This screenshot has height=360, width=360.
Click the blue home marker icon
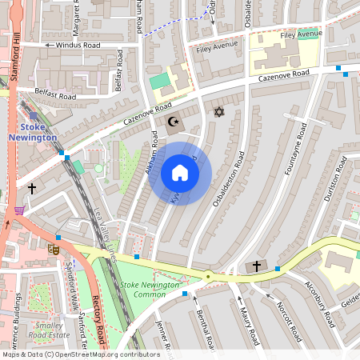click(180, 173)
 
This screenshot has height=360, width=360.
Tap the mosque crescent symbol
click(173, 122)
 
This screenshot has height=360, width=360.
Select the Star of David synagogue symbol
click(217, 113)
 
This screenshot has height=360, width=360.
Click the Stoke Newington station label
click(34, 132)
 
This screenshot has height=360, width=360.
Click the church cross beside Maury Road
click(257, 266)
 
